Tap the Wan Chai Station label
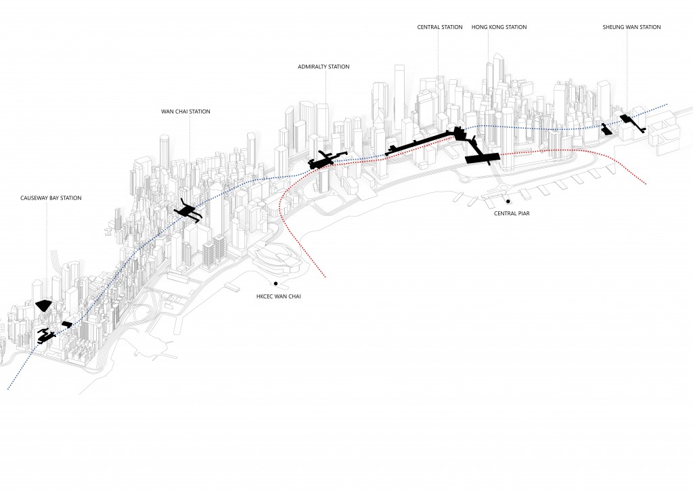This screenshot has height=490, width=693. pos(185,112)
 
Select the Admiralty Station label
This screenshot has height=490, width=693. pos(323,67)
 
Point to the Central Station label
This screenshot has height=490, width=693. pos(440,27)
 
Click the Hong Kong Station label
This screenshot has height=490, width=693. pos(499,27)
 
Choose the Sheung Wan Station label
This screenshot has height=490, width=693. pos(631,27)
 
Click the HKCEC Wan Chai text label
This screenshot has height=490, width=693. pos(278,296)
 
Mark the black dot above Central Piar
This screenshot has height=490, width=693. pos(507,201)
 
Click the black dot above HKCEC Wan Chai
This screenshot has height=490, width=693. pos(275,283)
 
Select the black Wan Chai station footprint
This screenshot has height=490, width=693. pos(188,212)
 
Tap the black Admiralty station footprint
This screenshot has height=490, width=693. pos(323,160)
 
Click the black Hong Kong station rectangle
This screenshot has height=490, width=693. pos(483,158)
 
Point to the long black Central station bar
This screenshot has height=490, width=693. pos(420,143)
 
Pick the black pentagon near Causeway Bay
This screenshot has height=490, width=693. pos(44,305)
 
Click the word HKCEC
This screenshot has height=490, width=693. pos(265,296)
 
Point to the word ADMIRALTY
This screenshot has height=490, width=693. pos(313,67)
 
